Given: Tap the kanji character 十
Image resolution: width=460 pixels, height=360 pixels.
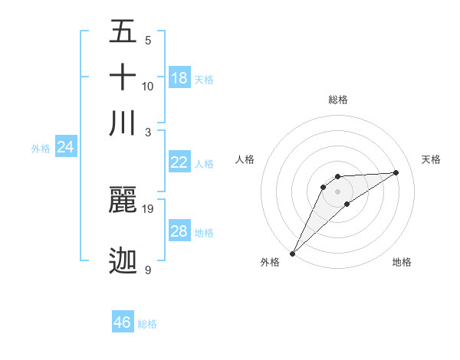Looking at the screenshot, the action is (123, 78).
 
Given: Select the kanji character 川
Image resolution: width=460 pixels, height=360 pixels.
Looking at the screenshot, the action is (123, 123).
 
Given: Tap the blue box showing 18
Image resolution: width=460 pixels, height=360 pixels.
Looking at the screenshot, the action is (179, 78).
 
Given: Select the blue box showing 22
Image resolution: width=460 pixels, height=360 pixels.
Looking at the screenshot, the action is (179, 162).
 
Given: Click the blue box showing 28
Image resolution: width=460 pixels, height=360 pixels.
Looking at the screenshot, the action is (179, 231).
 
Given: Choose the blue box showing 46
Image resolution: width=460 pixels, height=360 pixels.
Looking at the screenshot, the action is (123, 322).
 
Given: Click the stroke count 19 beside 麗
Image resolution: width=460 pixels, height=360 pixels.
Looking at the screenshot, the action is (148, 208).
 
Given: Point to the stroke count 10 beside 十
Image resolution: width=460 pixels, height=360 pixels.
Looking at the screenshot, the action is (148, 86).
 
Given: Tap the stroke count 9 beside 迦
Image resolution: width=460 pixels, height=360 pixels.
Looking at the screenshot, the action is (148, 270).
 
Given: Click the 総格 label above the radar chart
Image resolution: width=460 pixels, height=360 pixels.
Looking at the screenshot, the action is (337, 100).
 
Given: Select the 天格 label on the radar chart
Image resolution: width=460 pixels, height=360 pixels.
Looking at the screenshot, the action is (431, 159).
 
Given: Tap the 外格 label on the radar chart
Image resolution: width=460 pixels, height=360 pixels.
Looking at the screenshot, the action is (270, 263).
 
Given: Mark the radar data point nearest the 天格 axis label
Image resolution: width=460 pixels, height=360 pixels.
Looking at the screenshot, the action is (396, 172).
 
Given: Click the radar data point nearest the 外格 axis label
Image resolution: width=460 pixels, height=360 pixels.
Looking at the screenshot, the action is (292, 254).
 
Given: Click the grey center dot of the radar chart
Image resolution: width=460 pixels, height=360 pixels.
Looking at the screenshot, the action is (337, 191).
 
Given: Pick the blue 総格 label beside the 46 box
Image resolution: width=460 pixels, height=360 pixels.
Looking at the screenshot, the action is (147, 324).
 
